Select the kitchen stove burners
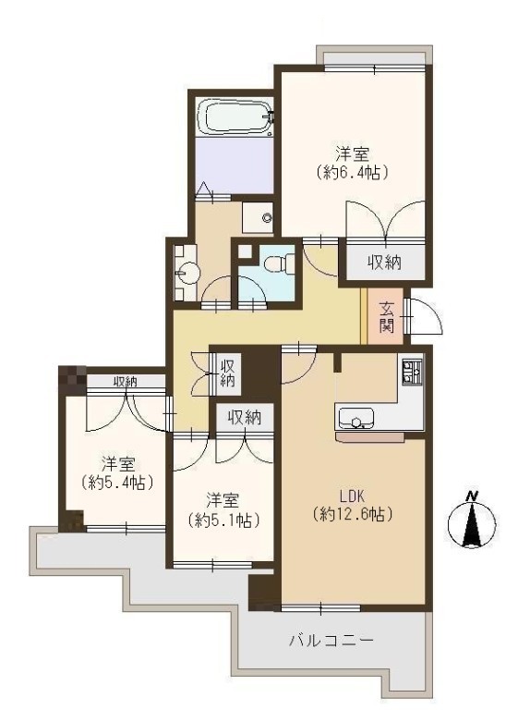(412, 372)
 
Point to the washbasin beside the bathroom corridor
(187, 274)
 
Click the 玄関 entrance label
(386, 316)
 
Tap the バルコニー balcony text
(331, 641)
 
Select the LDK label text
(352, 496)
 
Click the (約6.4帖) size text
(352, 173)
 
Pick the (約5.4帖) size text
(117, 483)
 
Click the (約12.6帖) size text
(353, 514)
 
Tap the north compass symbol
(472, 524)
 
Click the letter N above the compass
(472, 496)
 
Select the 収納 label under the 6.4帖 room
(384, 263)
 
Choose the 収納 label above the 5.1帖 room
(245, 418)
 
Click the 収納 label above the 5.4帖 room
(126, 382)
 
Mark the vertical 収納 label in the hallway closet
(227, 373)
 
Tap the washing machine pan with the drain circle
(258, 218)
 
